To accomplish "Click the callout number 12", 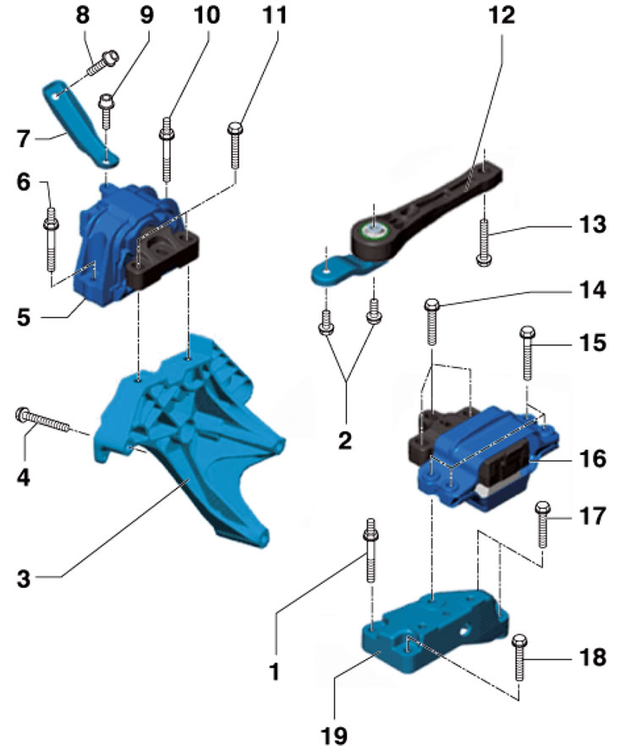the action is (502, 15).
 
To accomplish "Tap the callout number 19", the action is (334, 734).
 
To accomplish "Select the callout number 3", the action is (24, 579).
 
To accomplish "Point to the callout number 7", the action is (24, 139).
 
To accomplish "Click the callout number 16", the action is (592, 458).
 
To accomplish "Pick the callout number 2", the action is (345, 441).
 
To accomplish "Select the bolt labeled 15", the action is (527, 353).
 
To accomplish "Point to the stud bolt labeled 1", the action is (370, 550).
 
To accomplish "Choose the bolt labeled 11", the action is (235, 145).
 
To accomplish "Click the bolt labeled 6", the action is (51, 239).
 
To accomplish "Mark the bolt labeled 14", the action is (431, 321).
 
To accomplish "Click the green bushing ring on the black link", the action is (375, 232).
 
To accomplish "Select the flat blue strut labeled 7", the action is (81, 124).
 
